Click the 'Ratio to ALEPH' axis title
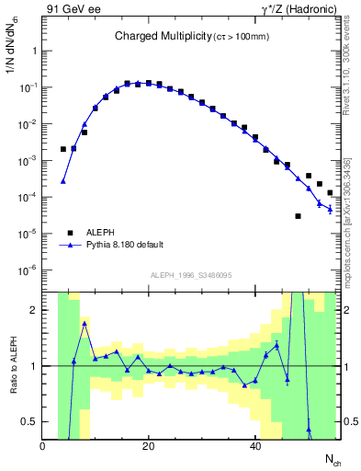[x=12, y=366]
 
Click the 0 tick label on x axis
[x=42, y=446]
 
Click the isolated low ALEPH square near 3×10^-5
[x=298, y=216]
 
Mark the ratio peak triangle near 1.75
[x=85, y=324]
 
